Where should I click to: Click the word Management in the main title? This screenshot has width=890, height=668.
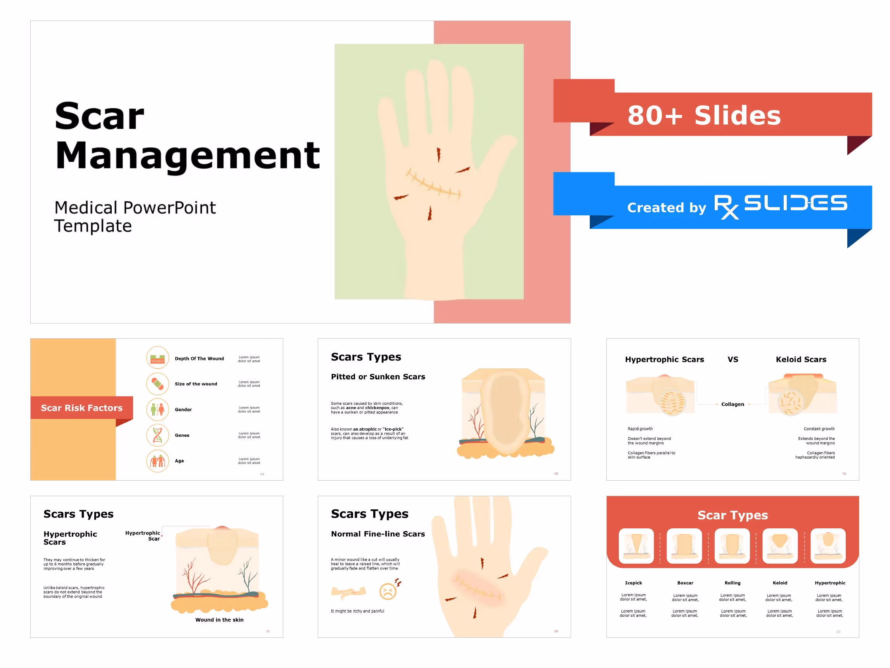click(187, 156)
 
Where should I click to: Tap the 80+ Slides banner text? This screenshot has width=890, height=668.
click(704, 116)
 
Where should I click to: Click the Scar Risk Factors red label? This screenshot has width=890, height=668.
click(82, 408)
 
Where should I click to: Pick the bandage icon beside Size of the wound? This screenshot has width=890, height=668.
click(157, 384)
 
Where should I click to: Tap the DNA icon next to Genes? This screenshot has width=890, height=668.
click(157, 435)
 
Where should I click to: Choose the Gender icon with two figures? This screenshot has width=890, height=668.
click(157, 409)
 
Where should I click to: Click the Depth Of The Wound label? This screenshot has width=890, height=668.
click(199, 358)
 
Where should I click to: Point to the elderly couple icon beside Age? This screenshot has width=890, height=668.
click(157, 461)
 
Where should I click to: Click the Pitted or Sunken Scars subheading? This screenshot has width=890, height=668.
click(378, 377)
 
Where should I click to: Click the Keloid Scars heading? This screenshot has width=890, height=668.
click(801, 359)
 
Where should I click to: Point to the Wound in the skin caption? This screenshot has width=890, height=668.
click(219, 620)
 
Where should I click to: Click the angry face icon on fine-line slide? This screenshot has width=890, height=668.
click(388, 591)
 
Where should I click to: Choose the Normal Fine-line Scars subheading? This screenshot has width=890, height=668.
click(378, 534)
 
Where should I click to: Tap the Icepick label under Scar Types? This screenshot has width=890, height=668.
click(633, 583)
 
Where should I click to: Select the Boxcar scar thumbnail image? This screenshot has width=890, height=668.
click(684, 546)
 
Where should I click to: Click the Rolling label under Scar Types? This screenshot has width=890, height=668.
click(732, 583)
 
